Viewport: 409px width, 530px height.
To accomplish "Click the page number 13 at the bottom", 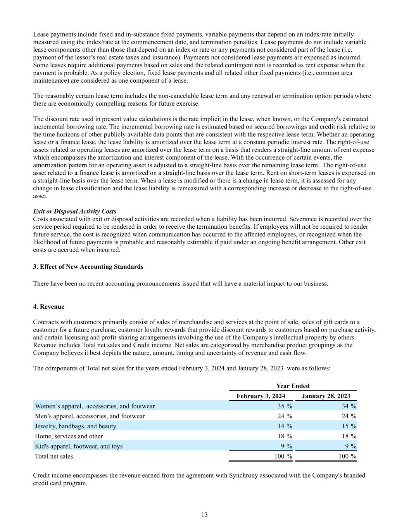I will click(x=204, y=515).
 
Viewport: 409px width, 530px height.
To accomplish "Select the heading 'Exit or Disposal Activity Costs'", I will click(x=74, y=211).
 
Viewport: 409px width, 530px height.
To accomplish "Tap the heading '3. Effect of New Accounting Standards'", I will click(x=88, y=267).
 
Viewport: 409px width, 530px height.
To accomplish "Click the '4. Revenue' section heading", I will click(x=49, y=307).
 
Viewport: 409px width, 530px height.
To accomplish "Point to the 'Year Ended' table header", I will click(x=293, y=386).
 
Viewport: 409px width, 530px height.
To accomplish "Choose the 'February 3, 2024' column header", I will click(x=261, y=396).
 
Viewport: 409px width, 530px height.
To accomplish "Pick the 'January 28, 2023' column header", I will click(x=326, y=396).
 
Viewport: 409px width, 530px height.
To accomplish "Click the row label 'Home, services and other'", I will click(x=69, y=436).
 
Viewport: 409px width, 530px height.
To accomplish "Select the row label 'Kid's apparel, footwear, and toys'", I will click(x=79, y=446).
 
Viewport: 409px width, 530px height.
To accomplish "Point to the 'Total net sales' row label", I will click(x=54, y=456).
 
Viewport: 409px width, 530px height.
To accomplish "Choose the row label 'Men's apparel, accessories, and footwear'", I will click(x=90, y=416).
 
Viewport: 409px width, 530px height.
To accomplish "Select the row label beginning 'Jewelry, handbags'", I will click(x=76, y=426).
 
